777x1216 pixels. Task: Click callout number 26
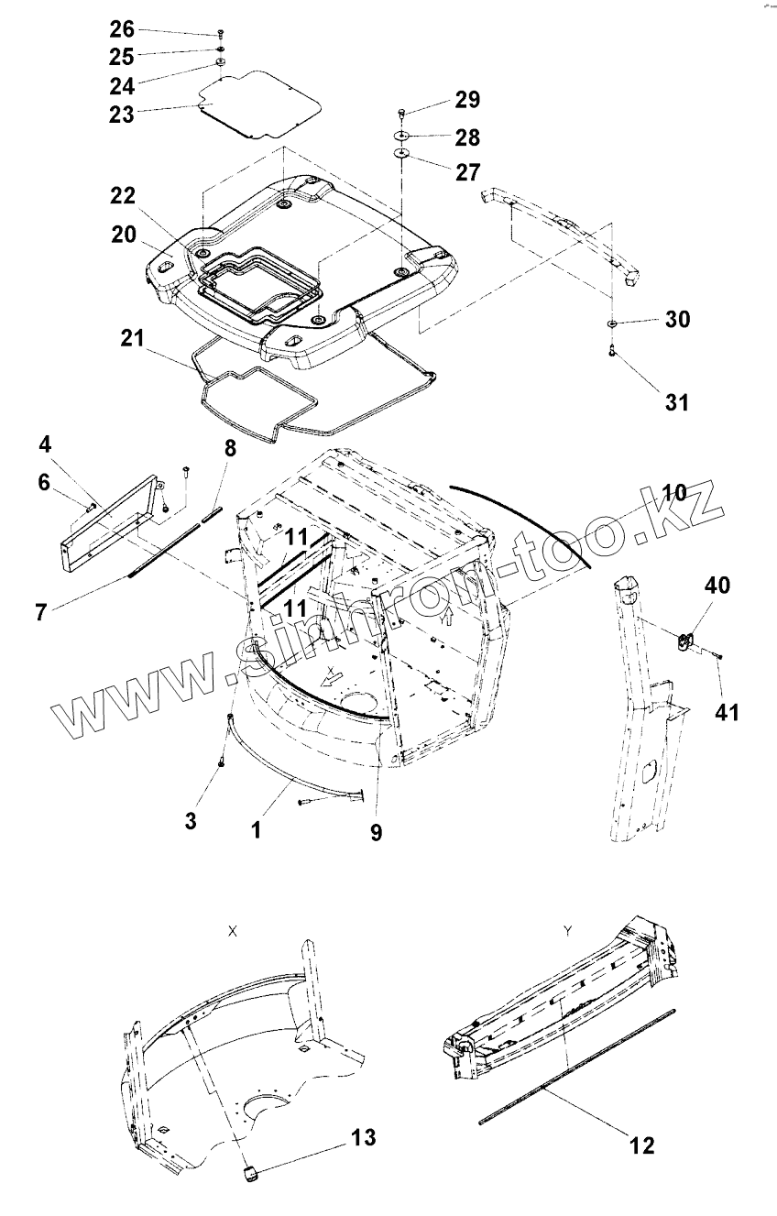click(x=122, y=29)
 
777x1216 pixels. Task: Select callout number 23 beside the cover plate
click(x=122, y=115)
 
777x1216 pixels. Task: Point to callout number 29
click(x=467, y=99)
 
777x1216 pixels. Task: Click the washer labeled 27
click(x=402, y=153)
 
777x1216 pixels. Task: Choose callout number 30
click(x=678, y=320)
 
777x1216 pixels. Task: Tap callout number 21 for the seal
click(x=133, y=339)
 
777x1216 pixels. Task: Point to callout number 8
click(x=229, y=448)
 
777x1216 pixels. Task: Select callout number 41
click(x=728, y=710)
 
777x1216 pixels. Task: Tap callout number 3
click(x=191, y=819)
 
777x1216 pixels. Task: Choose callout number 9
click(x=377, y=832)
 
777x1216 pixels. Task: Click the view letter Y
click(x=569, y=930)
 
